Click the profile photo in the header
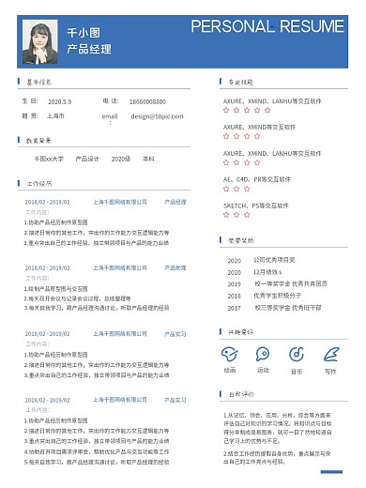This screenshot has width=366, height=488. (x=44, y=39)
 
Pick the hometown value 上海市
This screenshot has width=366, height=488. (x=55, y=116)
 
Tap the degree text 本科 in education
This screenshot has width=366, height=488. (x=148, y=160)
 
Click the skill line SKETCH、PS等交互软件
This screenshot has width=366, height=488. (x=258, y=205)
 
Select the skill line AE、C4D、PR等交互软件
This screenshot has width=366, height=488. (x=257, y=178)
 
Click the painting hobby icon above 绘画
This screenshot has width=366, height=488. (x=230, y=353)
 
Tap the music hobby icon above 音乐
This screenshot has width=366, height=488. (x=297, y=353)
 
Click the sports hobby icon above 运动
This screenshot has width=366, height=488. (x=263, y=353)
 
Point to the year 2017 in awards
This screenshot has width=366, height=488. (x=234, y=307)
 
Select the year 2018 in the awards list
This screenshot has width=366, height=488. (x=234, y=295)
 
